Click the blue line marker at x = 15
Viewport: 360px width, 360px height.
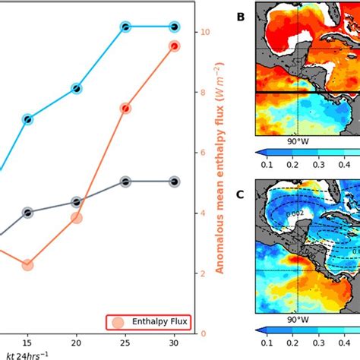coord(27,119)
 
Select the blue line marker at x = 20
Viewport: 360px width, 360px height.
coord(76,89)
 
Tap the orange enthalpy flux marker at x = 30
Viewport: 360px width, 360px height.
coord(174,46)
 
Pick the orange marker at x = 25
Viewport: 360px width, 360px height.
coord(125,109)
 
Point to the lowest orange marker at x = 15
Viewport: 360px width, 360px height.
coord(27,264)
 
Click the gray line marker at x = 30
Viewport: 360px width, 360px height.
coord(174,182)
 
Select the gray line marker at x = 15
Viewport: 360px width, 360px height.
coord(27,213)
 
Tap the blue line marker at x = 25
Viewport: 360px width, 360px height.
coord(125,27)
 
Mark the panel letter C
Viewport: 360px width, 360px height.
coord(240,194)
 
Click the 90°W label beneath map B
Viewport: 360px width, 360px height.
coord(298,141)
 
